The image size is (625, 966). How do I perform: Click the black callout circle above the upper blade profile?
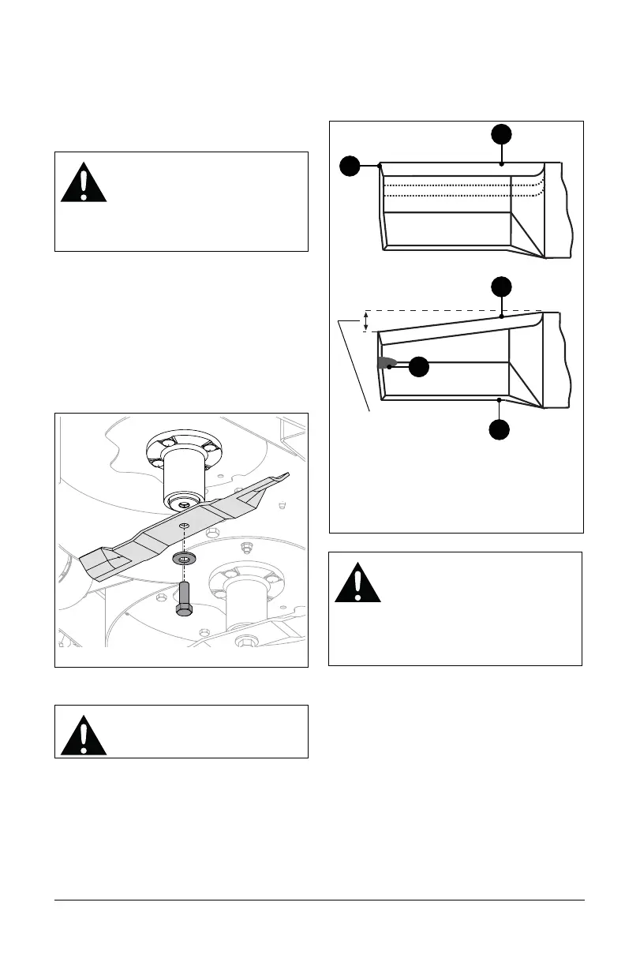pos(502,133)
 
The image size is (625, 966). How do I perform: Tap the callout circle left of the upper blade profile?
pos(350,166)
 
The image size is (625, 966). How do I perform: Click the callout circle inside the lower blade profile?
pos(419,367)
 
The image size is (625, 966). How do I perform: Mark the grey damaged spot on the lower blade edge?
pos(384,362)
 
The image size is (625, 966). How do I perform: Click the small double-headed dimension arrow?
pos(365,321)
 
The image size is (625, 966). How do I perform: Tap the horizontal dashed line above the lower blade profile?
pos(450,310)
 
